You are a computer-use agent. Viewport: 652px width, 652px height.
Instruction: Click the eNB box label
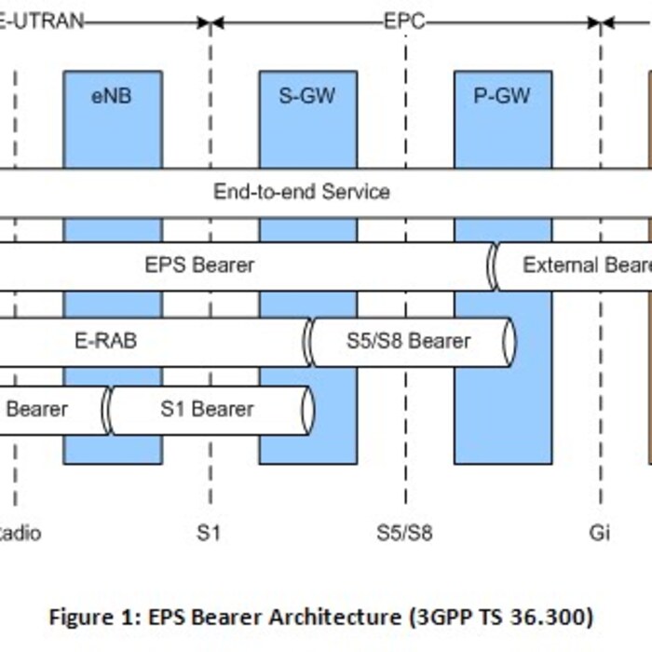coord(112,95)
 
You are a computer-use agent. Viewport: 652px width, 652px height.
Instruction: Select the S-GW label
coord(307,95)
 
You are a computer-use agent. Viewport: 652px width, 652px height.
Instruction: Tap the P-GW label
coord(502,95)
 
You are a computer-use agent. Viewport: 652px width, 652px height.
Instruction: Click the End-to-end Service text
coord(302,193)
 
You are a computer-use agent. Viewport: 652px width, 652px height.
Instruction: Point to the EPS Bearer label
coord(199,265)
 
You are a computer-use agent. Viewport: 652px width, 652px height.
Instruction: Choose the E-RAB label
coord(105,341)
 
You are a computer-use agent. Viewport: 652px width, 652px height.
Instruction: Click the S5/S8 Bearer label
coord(409,341)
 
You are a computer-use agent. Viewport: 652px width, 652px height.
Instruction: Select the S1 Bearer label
coord(207,409)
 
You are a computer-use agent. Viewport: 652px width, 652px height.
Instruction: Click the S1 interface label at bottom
coord(209,534)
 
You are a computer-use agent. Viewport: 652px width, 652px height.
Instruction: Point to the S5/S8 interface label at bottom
coord(404,534)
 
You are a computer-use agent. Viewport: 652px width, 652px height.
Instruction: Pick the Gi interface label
coord(600,534)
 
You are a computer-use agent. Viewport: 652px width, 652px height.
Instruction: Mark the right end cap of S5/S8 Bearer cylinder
coord(509,342)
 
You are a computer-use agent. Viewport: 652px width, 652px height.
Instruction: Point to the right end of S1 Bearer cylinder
coord(307,410)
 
